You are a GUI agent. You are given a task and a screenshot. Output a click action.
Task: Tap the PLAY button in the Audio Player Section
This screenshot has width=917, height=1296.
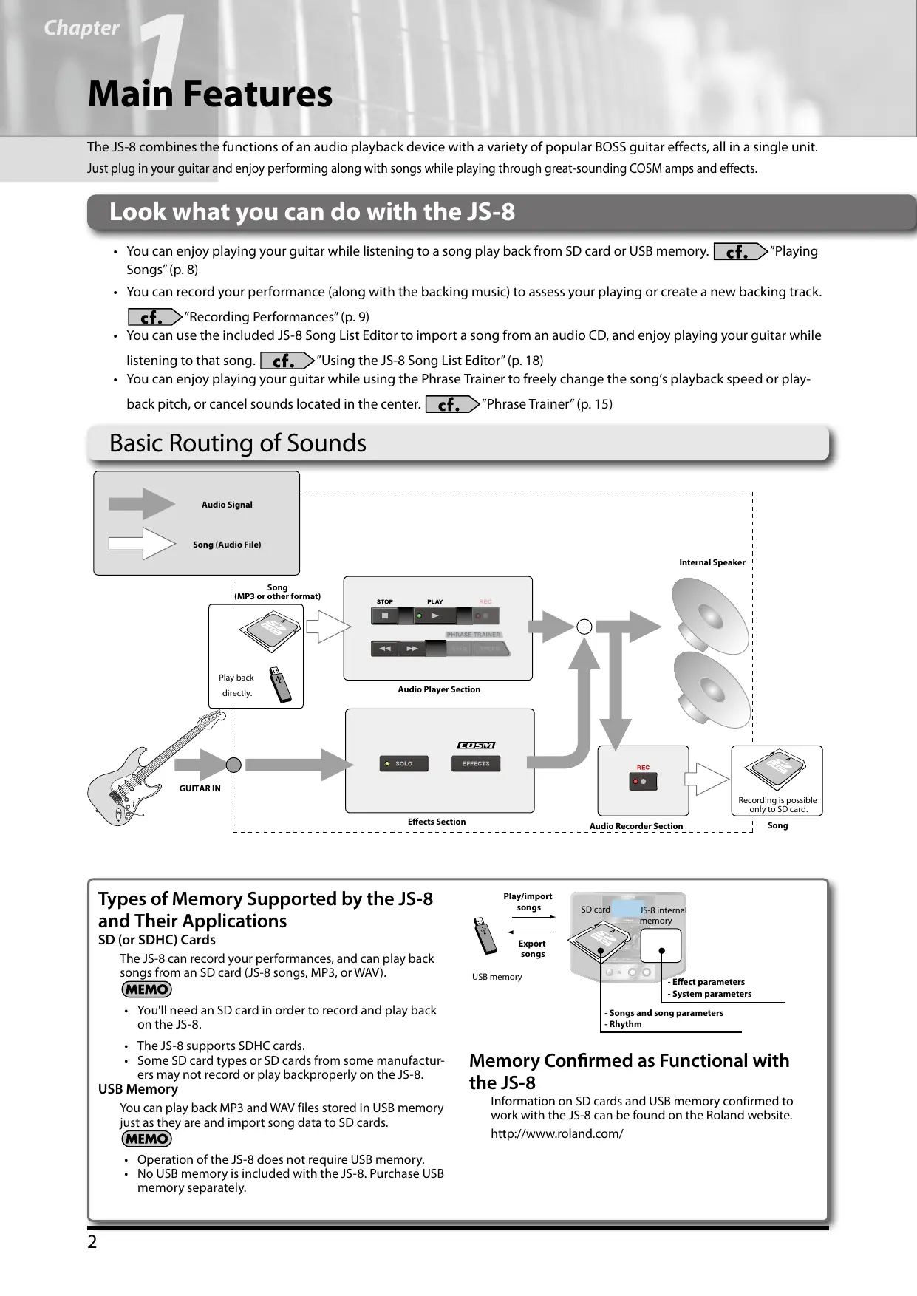(434, 615)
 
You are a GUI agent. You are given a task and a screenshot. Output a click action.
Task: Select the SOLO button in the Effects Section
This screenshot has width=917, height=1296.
(404, 763)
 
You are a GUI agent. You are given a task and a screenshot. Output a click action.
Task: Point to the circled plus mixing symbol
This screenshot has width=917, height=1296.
(584, 627)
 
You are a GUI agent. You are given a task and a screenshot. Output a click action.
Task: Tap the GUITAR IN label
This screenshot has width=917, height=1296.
(200, 788)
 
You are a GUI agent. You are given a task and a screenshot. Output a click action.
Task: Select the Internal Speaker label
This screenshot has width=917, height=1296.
(712, 562)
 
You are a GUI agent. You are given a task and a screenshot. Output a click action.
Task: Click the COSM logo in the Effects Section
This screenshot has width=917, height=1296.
(476, 745)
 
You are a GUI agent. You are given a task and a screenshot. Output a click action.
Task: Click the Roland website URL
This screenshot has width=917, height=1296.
(556, 1133)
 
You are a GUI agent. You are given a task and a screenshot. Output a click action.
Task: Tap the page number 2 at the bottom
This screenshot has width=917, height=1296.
(92, 1242)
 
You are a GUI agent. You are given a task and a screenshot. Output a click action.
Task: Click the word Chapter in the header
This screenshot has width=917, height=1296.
(81, 28)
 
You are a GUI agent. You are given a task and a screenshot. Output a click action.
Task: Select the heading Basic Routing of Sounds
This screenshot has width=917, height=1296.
(237, 443)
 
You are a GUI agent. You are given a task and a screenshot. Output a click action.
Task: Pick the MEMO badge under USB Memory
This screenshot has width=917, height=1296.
(146, 1139)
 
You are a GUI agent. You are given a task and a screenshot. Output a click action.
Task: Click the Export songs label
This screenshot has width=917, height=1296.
(531, 949)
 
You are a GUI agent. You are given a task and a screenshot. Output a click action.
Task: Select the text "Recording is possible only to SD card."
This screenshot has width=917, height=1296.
(777, 805)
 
